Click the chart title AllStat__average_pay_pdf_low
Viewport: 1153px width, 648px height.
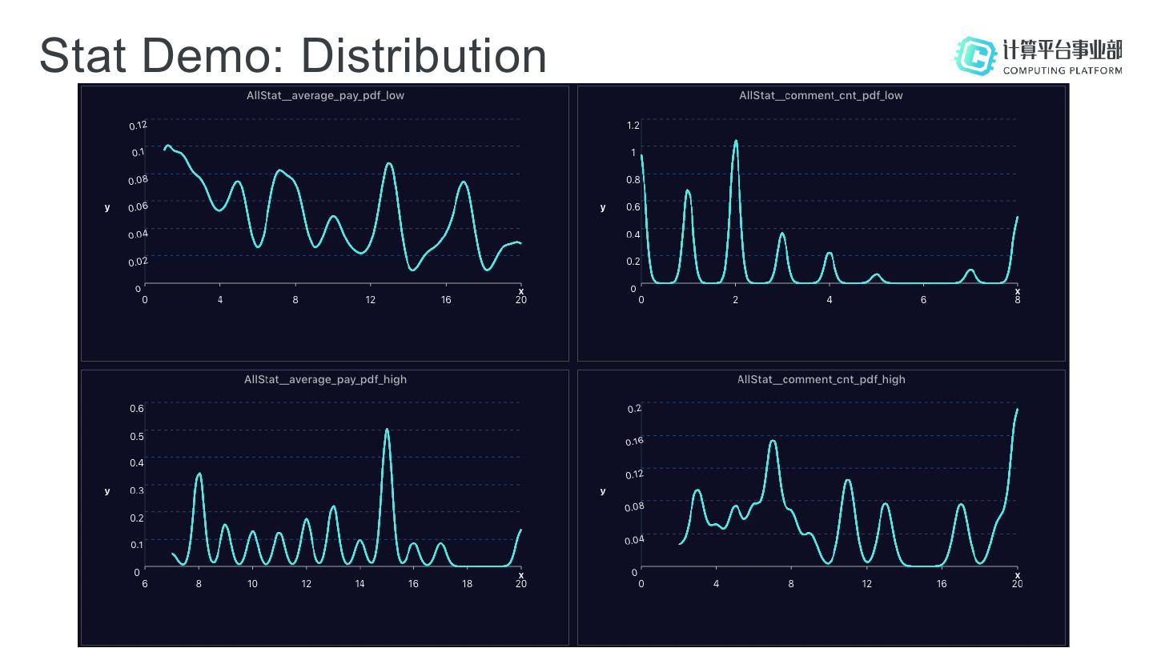[x=325, y=95]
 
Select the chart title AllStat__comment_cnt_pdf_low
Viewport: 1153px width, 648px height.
[x=821, y=95]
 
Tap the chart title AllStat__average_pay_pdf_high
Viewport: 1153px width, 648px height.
[x=325, y=379]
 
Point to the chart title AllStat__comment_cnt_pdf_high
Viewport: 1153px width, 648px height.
[x=821, y=379]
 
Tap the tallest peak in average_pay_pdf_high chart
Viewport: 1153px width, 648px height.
[x=387, y=430]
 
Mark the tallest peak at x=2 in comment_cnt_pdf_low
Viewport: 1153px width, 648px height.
[x=736, y=142]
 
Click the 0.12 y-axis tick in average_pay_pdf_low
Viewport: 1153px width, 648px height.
[x=138, y=125]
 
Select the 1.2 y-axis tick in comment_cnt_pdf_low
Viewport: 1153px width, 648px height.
[x=633, y=125]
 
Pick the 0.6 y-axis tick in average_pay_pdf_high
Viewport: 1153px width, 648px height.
[x=137, y=408]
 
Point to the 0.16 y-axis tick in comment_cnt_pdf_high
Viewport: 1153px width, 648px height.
[x=634, y=441]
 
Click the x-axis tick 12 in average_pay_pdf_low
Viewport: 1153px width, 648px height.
[x=371, y=300]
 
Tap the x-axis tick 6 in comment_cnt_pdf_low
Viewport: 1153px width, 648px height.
[x=923, y=300]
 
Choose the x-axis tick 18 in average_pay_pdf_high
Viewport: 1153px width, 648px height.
[x=467, y=584]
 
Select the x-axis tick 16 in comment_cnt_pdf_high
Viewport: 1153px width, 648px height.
[x=942, y=584]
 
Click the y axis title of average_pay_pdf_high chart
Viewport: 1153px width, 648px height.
[x=107, y=491]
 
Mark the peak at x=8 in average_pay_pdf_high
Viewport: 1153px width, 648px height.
[x=199, y=474]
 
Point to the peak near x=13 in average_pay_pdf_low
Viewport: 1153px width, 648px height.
[x=389, y=164]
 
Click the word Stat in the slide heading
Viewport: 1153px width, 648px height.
[x=86, y=55]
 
